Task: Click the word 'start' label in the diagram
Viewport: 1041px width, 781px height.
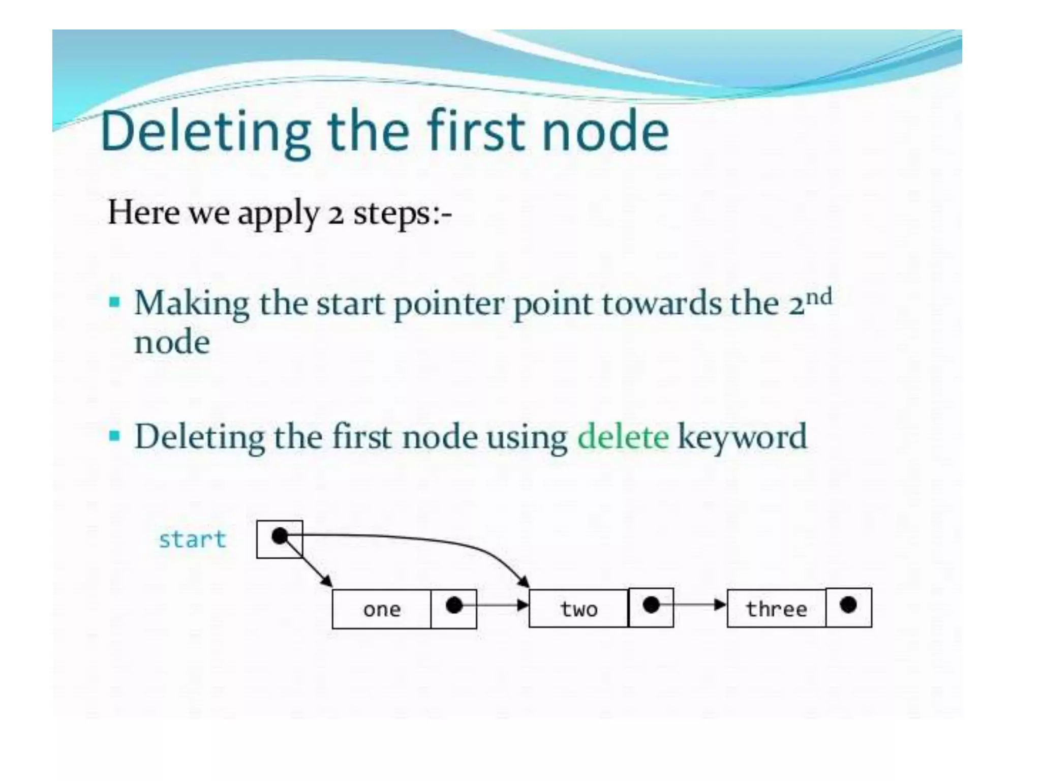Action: [192, 539]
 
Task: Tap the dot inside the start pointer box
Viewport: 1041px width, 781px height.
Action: [280, 536]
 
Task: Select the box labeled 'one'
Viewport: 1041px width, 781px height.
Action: [382, 609]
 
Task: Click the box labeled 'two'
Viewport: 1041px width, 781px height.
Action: [578, 609]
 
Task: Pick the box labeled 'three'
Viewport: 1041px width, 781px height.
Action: [776, 608]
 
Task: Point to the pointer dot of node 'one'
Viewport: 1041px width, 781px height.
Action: [454, 605]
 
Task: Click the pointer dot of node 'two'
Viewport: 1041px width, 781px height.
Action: [651, 605]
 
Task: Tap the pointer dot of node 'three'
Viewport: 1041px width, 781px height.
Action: [848, 605]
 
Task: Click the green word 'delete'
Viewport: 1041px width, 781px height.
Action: [623, 437]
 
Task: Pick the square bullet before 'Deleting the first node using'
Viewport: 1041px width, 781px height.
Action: [115, 436]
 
